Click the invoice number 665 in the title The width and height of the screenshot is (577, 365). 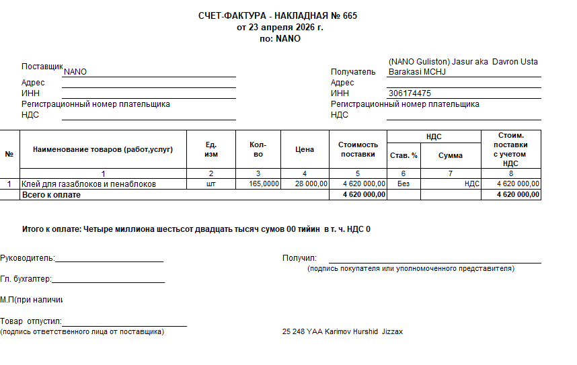pos(350,16)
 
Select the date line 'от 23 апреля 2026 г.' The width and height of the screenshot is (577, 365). pos(280,28)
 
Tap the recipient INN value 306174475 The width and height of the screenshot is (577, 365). pos(410,93)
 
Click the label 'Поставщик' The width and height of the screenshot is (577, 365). pos(42,67)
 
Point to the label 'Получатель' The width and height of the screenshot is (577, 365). pos(353,72)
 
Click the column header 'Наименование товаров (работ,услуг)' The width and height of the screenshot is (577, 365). pos(103,149)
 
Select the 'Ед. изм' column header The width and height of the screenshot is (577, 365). pos(211,150)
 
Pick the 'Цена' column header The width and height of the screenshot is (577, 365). pos(305,149)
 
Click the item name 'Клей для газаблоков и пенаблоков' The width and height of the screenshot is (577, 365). pos(89,184)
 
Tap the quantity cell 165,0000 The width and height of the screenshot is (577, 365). pos(264,184)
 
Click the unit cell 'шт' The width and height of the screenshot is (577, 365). pos(210,184)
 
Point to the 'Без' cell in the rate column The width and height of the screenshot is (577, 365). pos(403,184)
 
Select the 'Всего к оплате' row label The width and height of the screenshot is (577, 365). pos(51,194)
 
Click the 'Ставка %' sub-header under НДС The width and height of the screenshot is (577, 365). pos(403,155)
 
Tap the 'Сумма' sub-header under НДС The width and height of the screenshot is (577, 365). pos(450,155)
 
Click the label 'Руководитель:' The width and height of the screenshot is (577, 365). pos(28,258)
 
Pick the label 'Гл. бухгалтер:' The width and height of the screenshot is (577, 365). pos(26,279)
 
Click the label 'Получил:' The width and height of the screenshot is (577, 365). pos(299,258)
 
